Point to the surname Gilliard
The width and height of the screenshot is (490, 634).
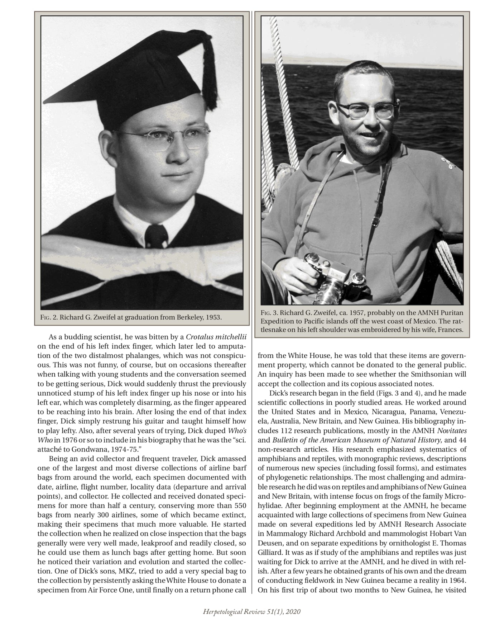[272, 553]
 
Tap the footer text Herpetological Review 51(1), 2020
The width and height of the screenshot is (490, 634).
[251, 612]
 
